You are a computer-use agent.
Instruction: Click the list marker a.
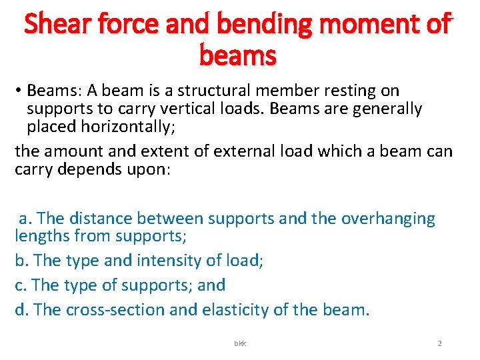coord(25,219)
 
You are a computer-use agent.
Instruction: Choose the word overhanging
coord(388,218)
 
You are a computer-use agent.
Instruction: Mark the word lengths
coord(42,235)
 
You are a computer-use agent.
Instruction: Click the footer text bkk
coord(239,343)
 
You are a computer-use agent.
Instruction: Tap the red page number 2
coord(439,343)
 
